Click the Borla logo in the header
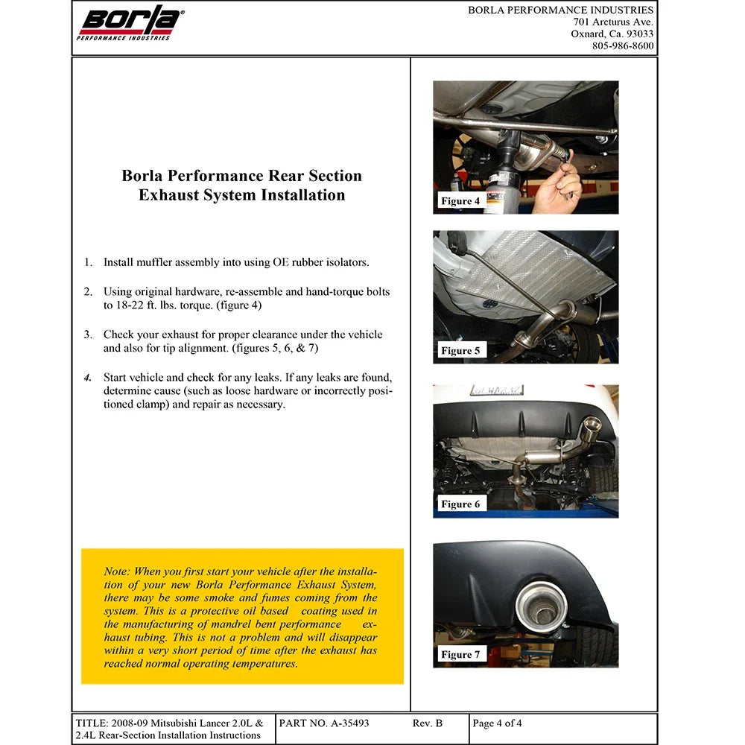(x=129, y=23)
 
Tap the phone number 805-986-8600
(x=622, y=45)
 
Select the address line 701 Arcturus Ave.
(x=613, y=22)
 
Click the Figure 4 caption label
(x=460, y=201)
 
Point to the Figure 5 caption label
(x=460, y=351)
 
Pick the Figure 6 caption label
(x=460, y=504)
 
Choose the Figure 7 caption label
(x=460, y=654)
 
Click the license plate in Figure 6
(x=497, y=390)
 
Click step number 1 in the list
(x=88, y=262)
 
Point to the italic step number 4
(x=88, y=378)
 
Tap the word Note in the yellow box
(x=116, y=571)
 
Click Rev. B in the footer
(x=427, y=723)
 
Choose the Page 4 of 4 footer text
(x=497, y=723)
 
